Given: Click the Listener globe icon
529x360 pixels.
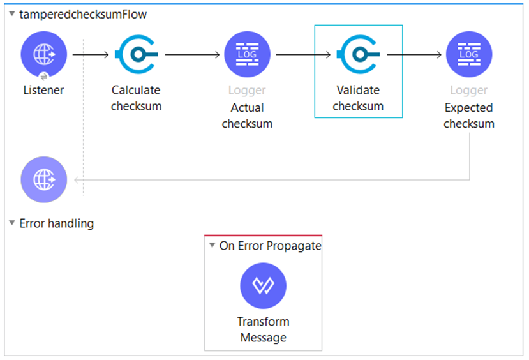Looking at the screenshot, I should (43, 55).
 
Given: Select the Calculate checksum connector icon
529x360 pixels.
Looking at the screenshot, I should (137, 55).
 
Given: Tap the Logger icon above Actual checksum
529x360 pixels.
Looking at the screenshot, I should (247, 55).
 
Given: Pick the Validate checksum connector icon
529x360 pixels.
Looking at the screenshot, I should (358, 55).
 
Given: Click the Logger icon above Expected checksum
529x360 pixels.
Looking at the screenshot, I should (469, 55).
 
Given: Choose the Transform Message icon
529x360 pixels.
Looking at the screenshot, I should (263, 286).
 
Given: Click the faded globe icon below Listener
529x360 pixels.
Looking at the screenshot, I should (43, 179).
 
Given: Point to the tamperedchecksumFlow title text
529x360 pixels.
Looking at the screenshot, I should (83, 14).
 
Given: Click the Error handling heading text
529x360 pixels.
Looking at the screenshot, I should (57, 223).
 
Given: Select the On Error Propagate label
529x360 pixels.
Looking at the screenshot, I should (270, 246).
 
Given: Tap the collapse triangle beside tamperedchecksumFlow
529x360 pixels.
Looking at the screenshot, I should (11, 14).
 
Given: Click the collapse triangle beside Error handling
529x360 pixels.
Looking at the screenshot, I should (11, 223).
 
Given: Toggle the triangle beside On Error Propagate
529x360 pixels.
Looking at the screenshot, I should (212, 246).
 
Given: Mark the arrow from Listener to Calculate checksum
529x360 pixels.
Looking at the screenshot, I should (91, 55).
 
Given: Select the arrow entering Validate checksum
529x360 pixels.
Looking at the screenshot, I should (303, 55).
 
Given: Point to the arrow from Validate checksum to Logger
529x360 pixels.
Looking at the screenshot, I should (414, 55).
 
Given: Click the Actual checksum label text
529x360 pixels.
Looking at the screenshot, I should (247, 116).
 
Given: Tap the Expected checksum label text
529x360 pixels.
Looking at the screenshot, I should (469, 116).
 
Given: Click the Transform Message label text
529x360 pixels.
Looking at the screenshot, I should (263, 329).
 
